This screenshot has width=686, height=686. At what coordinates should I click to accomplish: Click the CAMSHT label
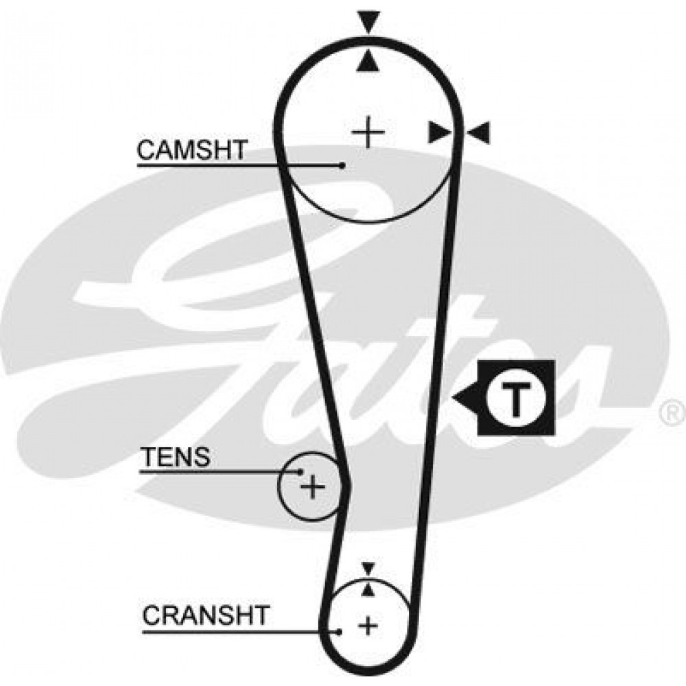(x=192, y=150)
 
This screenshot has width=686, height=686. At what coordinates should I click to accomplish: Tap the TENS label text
(x=177, y=457)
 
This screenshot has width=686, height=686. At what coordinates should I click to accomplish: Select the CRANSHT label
(x=206, y=615)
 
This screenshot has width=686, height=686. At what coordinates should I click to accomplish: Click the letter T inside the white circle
(x=517, y=398)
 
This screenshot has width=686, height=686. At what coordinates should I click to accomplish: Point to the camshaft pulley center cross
(x=368, y=132)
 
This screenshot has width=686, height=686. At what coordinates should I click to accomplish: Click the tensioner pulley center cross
(x=312, y=486)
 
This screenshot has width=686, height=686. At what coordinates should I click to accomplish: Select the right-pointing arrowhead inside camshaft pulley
(x=439, y=132)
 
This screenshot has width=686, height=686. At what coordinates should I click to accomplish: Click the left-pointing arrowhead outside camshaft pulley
(x=478, y=132)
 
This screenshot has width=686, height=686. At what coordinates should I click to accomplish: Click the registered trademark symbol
(x=673, y=414)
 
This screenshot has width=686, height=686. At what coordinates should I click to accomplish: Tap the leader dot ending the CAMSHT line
(x=342, y=165)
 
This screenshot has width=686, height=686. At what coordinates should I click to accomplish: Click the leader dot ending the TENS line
(x=300, y=471)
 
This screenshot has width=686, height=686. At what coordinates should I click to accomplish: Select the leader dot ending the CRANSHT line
(x=339, y=631)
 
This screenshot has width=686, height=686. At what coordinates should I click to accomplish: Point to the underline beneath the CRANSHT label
(x=241, y=631)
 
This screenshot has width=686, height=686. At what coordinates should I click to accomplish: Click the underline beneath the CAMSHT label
(x=239, y=165)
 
